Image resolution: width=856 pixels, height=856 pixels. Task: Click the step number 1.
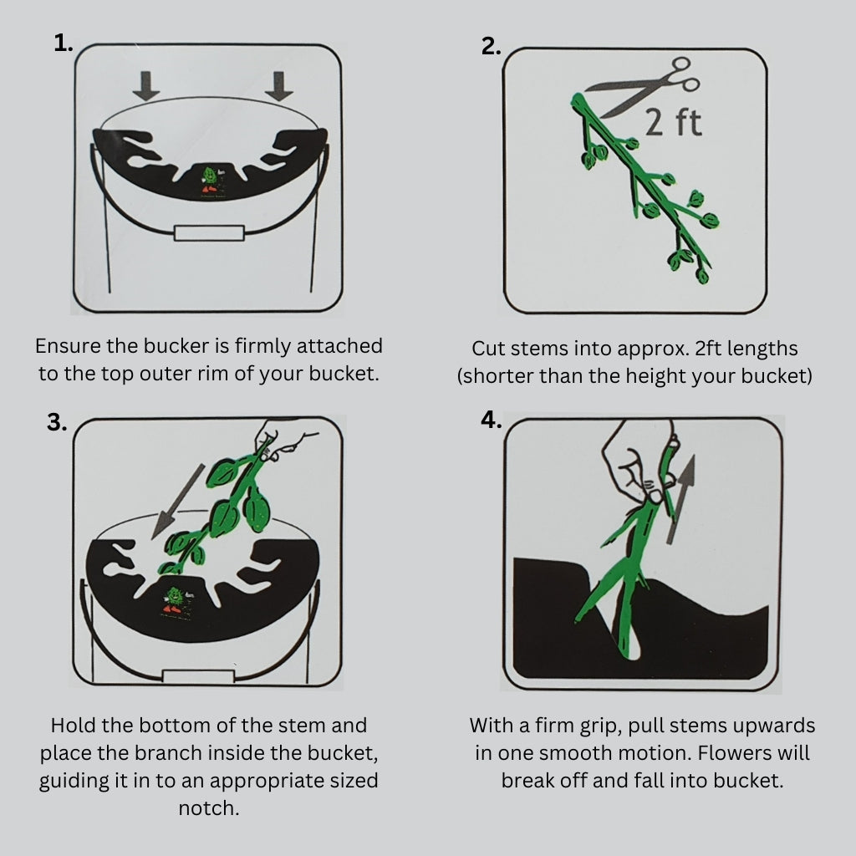click(x=63, y=43)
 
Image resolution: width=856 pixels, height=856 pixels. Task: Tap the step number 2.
click(x=491, y=47)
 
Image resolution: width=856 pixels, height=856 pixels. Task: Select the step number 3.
click(x=57, y=422)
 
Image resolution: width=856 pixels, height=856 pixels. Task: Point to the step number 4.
click(x=491, y=420)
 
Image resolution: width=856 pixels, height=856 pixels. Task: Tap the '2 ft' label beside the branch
click(x=673, y=123)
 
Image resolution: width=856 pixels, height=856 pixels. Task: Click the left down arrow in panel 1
click(x=145, y=86)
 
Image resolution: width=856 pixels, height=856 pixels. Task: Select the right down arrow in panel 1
click(x=279, y=86)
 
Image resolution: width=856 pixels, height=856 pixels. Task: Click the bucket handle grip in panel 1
click(x=209, y=233)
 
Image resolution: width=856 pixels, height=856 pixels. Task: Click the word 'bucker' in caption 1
click(x=176, y=345)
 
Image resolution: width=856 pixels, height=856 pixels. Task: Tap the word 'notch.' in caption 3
click(x=209, y=808)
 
